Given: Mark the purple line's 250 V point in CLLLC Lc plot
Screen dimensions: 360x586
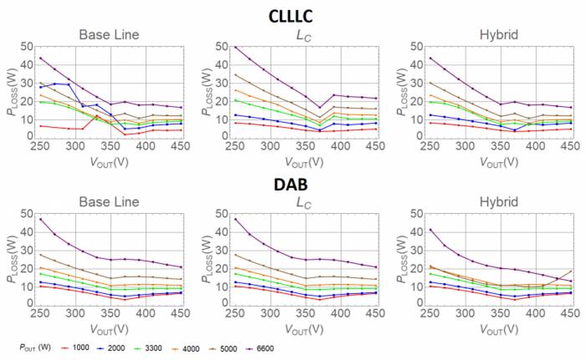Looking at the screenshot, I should pos(213,48).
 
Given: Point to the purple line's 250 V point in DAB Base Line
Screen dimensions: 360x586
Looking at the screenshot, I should pos(40,219).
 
